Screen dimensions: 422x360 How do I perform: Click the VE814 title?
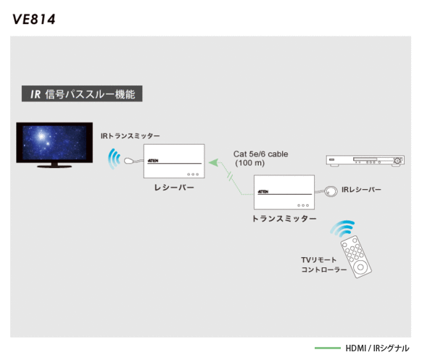click(34, 19)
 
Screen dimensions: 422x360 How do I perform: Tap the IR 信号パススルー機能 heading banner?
click(82, 93)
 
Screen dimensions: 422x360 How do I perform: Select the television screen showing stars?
click(54, 142)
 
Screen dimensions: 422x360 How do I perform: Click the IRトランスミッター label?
click(130, 136)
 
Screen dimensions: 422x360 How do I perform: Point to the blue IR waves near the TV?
click(113, 159)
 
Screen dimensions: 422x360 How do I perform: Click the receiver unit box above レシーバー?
click(174, 161)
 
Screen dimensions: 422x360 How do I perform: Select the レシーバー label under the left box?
click(174, 188)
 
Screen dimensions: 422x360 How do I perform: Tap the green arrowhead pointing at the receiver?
click(213, 162)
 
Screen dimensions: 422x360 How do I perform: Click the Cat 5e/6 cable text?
click(260, 154)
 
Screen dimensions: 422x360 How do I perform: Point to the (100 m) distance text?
click(249, 163)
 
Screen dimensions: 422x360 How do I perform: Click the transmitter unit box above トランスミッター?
click(284, 192)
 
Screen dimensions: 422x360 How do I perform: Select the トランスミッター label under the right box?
click(284, 219)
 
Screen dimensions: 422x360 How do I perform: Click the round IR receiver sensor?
click(331, 191)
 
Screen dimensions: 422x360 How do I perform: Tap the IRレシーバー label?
click(361, 190)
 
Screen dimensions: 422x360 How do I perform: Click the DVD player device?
click(365, 161)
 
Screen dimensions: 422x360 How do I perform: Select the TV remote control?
click(356, 256)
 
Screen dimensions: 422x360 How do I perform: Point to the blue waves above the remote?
click(342, 228)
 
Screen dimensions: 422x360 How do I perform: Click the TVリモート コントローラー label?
click(324, 264)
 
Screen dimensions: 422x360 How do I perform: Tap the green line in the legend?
click(328, 348)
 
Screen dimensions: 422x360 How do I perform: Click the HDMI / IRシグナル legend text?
click(377, 348)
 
